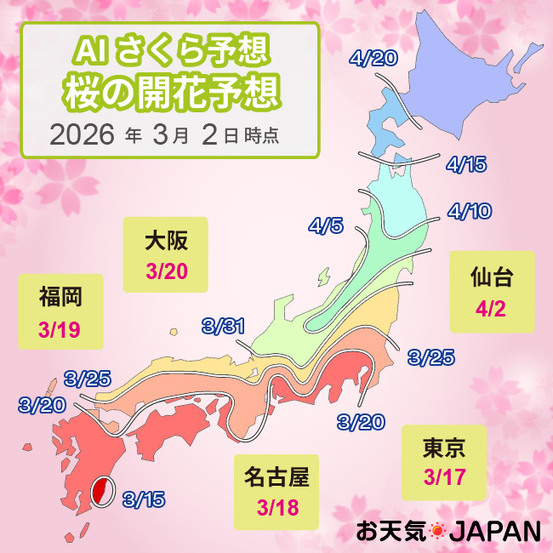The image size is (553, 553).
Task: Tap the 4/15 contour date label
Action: pyautogui.click(x=465, y=164)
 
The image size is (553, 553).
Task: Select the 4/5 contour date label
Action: pyautogui.click(x=326, y=226)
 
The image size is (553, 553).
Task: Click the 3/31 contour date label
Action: pyautogui.click(x=224, y=325)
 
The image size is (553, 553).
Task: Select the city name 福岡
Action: pyautogui.click(x=60, y=298)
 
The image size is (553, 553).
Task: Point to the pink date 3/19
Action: pyautogui.click(x=59, y=328)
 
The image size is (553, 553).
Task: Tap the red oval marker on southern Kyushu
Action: pyautogui.click(x=101, y=491)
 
